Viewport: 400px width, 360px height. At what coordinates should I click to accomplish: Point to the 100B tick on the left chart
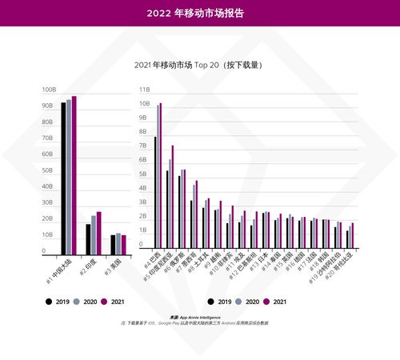pyautogui.click(x=48, y=90)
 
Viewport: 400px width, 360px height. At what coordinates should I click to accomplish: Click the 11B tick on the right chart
pyautogui.click(x=145, y=90)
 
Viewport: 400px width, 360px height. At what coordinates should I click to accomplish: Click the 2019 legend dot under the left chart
pyautogui.click(x=49, y=302)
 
